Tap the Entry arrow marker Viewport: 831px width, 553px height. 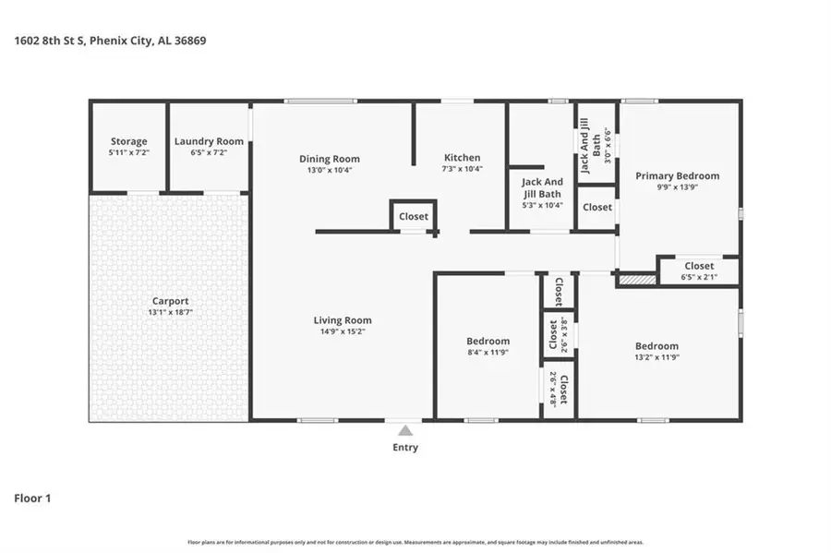point(404,429)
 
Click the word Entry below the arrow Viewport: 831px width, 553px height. point(404,448)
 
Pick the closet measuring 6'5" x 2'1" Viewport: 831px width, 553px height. point(698,271)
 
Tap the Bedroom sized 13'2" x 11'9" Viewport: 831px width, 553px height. point(656,352)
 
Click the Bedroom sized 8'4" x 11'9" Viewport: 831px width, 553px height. point(488,346)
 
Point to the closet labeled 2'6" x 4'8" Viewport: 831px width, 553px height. point(558,389)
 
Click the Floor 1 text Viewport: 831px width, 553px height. point(32,499)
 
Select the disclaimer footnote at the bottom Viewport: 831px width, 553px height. point(415,542)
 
